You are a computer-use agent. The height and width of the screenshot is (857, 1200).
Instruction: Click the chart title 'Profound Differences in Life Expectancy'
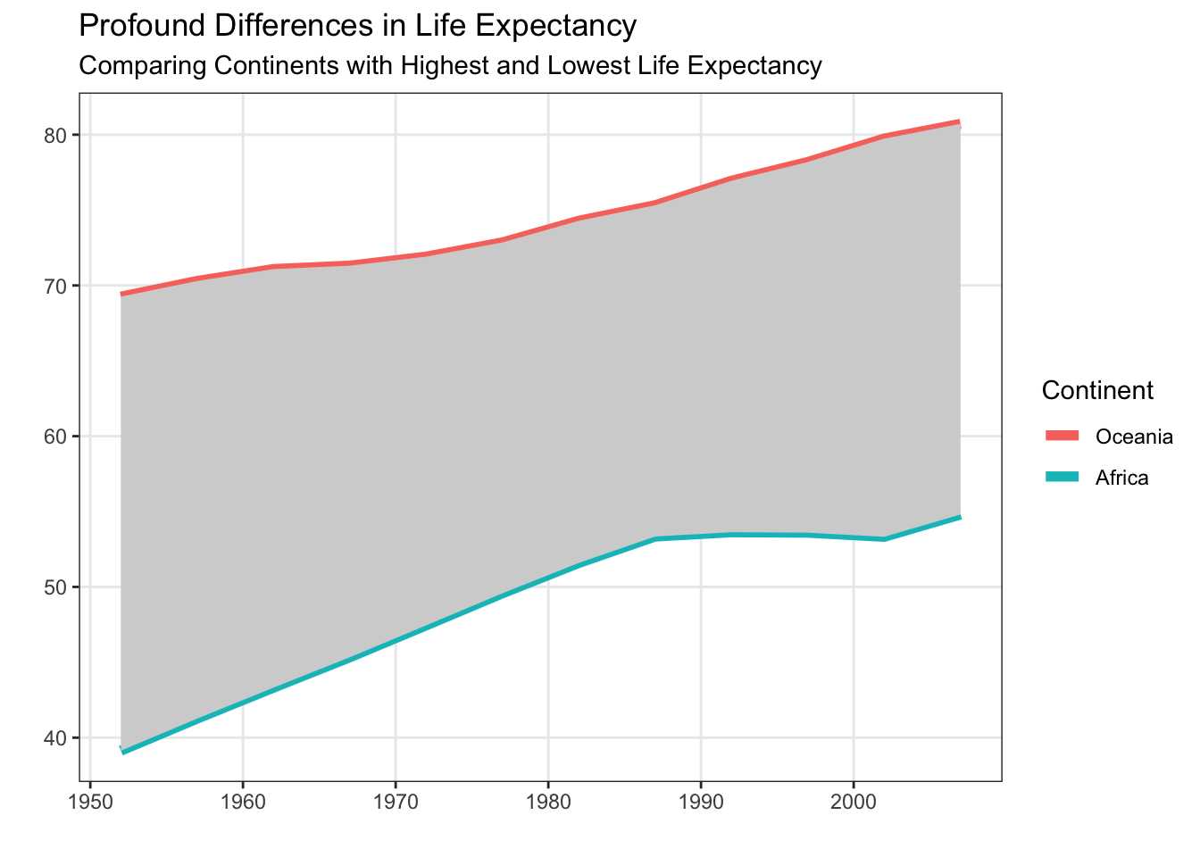[357, 26]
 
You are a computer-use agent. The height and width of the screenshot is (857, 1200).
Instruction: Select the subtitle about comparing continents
[450, 66]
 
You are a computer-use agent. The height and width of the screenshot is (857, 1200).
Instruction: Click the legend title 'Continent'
[1097, 390]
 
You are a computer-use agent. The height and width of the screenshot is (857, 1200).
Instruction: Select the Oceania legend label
[1134, 437]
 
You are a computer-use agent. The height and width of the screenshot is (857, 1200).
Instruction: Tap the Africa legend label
[1121, 478]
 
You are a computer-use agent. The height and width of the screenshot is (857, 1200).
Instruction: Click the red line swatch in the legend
[1062, 436]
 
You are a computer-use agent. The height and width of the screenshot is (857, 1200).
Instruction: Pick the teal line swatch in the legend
[1062, 477]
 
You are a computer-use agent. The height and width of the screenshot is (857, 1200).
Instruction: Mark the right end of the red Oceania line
[959, 121]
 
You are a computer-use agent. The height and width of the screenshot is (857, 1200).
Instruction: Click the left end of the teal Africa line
[122, 752]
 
